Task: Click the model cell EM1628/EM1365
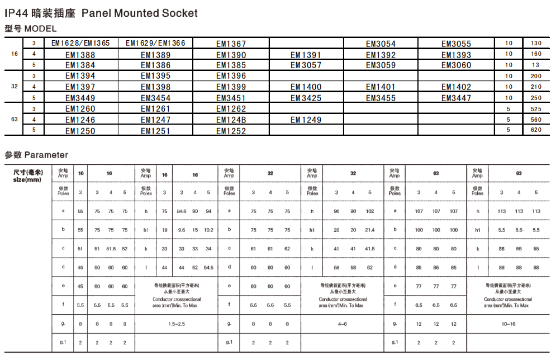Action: [80, 44]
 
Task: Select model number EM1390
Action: [231, 55]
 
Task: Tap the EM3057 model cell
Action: [306, 65]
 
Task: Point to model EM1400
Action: [306, 87]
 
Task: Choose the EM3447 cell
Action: [456, 98]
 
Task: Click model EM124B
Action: [231, 120]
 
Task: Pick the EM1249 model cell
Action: [306, 120]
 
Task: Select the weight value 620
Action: [536, 130]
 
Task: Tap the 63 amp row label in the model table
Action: [14, 120]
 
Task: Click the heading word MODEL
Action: [40, 29]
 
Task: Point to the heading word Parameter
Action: [46, 155]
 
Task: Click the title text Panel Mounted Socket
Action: [139, 13]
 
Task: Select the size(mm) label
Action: [27, 179]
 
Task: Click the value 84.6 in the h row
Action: [182, 211]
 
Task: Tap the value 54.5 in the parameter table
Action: [208, 267]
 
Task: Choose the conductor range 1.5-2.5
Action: [177, 324]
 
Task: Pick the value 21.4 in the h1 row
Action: [370, 230]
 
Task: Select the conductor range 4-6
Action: [342, 324]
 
